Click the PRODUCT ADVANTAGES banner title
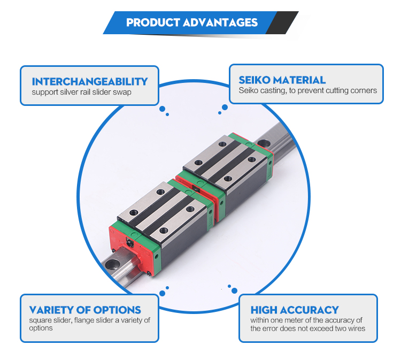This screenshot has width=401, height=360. tap(192, 22)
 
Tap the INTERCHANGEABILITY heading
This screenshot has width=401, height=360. tap(89, 81)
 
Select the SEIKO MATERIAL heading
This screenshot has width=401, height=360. tap(282, 80)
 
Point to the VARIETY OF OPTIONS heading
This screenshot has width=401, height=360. tap(85, 310)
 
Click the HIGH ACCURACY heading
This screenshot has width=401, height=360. tap(294, 310)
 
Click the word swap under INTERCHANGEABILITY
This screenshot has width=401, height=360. tap(122, 92)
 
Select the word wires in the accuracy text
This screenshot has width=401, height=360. tap(354, 328)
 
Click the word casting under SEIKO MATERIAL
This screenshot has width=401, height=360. tap(268, 90)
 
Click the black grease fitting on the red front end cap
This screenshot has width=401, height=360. tap(131, 244)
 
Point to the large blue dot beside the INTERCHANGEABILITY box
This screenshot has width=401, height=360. tap(162, 108)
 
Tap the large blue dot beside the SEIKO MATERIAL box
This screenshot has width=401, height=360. tap(225, 108)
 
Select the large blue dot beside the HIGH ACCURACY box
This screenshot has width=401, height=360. tap(234, 290)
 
